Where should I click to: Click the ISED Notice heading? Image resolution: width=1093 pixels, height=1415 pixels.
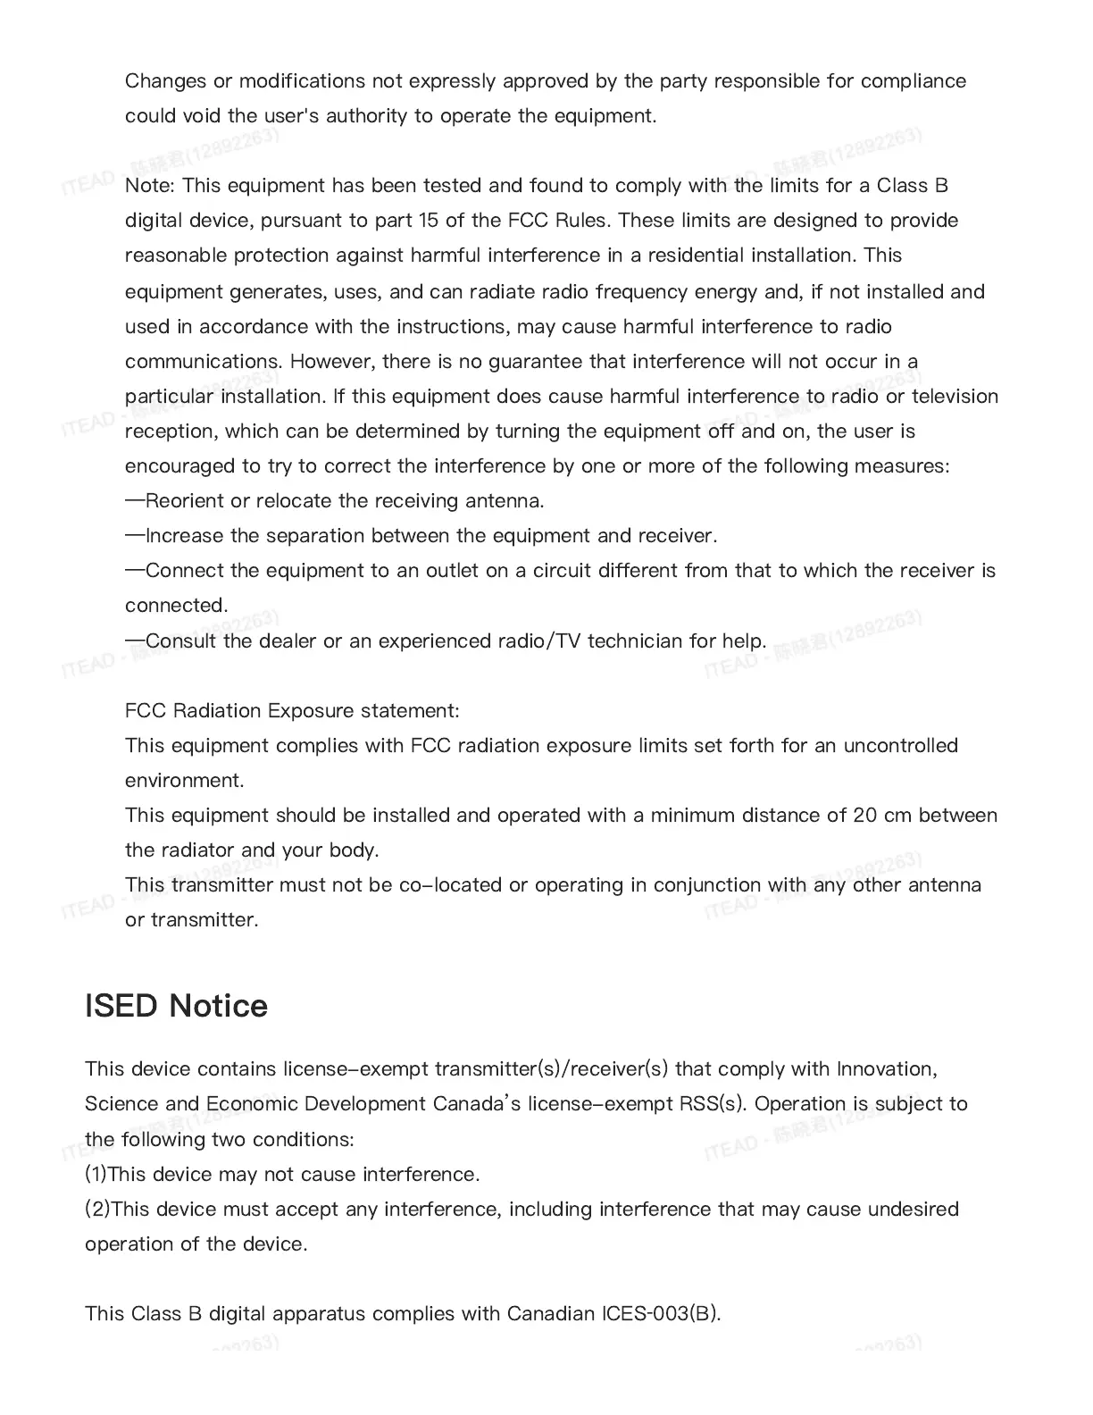click(x=176, y=1006)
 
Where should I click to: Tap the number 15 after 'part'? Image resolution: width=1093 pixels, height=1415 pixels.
click(x=429, y=221)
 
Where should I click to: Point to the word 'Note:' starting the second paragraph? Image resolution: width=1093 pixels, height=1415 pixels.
click(x=150, y=186)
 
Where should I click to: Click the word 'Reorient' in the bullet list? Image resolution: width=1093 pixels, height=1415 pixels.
click(x=185, y=500)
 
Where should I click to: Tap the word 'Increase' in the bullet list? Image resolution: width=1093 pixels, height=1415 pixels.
click(x=185, y=536)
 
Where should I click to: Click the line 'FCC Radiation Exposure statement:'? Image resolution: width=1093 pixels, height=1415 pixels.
click(x=292, y=711)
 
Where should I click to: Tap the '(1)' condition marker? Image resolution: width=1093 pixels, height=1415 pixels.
click(x=96, y=1174)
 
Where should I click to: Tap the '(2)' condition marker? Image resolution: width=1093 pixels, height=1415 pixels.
click(x=97, y=1209)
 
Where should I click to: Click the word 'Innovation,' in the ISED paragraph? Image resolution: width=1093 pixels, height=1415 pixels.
click(x=887, y=1069)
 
